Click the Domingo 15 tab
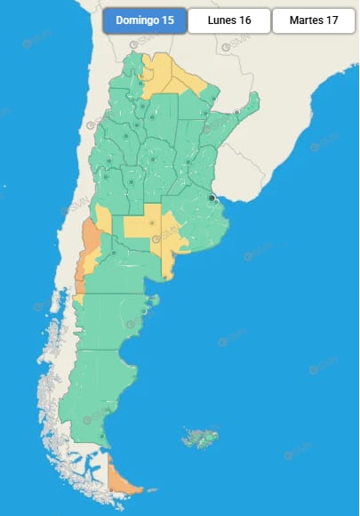click(144, 20)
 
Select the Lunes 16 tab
click(229, 20)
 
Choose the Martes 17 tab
click(314, 20)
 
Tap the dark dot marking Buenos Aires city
click(212, 198)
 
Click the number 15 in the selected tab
click(168, 20)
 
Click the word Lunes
click(221, 20)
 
